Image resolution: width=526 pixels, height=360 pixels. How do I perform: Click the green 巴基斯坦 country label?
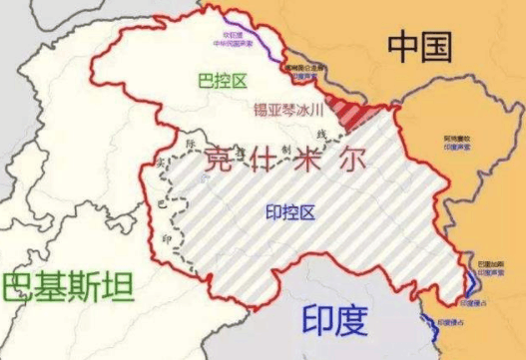pyautogui.click(x=68, y=289)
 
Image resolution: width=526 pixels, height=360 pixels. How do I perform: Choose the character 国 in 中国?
pyautogui.click(x=441, y=46)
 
